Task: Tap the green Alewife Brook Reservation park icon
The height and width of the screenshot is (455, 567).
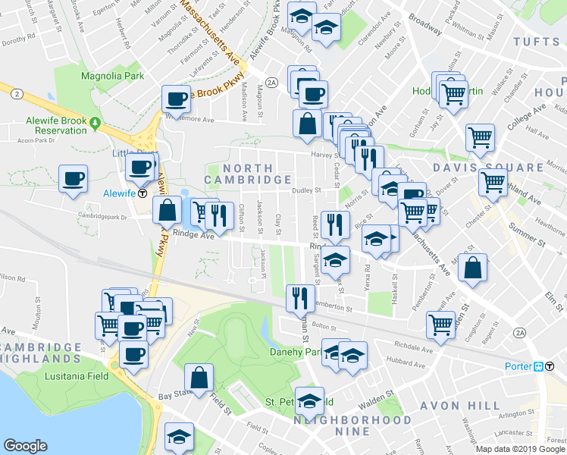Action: [x=95, y=122]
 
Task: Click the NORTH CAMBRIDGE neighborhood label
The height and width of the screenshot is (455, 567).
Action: [x=248, y=174]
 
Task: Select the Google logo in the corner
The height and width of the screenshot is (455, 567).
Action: [x=26, y=446]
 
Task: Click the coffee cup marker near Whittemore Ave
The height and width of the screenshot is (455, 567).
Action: [x=177, y=99]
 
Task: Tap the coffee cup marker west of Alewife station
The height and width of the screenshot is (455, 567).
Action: [x=74, y=180]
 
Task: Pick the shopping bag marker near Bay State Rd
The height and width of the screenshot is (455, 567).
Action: [x=199, y=378]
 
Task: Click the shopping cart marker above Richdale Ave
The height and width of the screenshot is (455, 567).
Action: [x=441, y=325]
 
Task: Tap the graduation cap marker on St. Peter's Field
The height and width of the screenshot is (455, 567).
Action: [x=309, y=400]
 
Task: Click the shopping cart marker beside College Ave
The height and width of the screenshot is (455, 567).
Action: [x=480, y=137]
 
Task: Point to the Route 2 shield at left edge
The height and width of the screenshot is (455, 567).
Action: [x=15, y=94]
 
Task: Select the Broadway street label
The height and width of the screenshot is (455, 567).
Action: [x=424, y=26]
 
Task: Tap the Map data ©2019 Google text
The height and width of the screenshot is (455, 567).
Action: [x=520, y=449]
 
